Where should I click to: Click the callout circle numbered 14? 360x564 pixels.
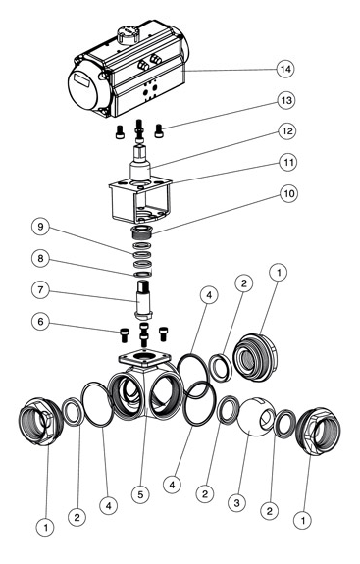(x=285, y=69)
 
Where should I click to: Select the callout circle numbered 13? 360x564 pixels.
(x=286, y=100)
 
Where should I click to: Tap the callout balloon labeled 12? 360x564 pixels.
(x=287, y=130)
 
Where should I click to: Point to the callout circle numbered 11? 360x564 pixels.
(x=288, y=162)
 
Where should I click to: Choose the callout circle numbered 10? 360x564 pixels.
(x=288, y=194)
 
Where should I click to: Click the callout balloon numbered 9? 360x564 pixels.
(x=40, y=227)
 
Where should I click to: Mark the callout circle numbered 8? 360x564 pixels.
(x=40, y=259)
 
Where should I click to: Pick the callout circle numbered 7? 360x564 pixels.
(x=40, y=290)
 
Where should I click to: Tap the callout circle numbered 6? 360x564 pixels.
(x=40, y=321)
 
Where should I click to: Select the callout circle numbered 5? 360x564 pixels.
(x=140, y=494)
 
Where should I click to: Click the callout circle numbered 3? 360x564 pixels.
(x=237, y=502)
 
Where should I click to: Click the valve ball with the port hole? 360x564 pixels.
(x=257, y=417)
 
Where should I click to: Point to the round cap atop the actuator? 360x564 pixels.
(x=128, y=35)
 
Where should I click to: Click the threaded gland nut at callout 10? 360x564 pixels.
(x=143, y=231)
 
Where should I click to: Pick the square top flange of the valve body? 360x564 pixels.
(x=144, y=359)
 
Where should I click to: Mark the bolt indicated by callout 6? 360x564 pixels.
(x=124, y=335)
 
